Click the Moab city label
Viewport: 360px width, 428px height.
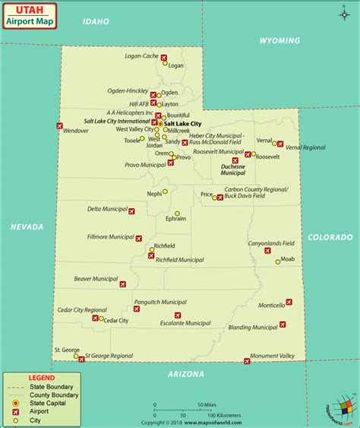click(287, 259)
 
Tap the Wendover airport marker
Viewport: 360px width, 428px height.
click(59, 125)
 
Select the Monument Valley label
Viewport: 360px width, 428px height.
click(273, 355)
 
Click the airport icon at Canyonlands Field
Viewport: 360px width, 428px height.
click(267, 250)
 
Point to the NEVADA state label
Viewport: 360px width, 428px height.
click(27, 227)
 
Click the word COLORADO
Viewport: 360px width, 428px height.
click(330, 237)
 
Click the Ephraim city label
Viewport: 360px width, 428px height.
click(175, 219)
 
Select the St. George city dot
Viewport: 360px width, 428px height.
click(76, 355)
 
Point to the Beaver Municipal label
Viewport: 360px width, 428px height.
click(93, 279)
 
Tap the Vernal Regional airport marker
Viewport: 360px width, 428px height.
click(281, 143)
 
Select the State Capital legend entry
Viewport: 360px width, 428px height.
click(48, 403)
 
